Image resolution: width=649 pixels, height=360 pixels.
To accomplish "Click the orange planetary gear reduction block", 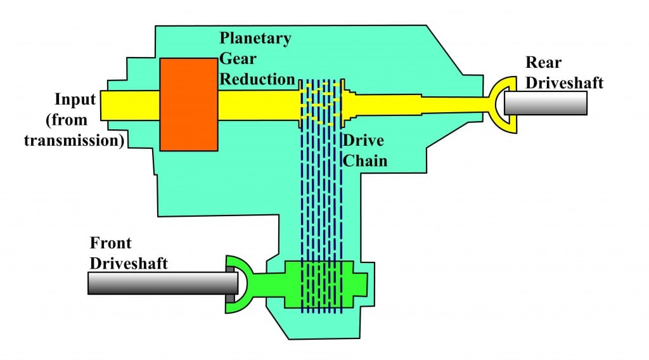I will [189, 104].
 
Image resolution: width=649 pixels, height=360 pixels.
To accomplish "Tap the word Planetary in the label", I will [255, 37].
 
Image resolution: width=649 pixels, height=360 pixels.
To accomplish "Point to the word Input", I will [75, 100].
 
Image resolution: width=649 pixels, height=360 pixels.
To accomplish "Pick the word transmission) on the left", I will [74, 141].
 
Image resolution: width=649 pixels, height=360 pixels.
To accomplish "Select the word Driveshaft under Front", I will [129, 262].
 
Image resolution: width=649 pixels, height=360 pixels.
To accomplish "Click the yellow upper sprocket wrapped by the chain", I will [321, 103].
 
